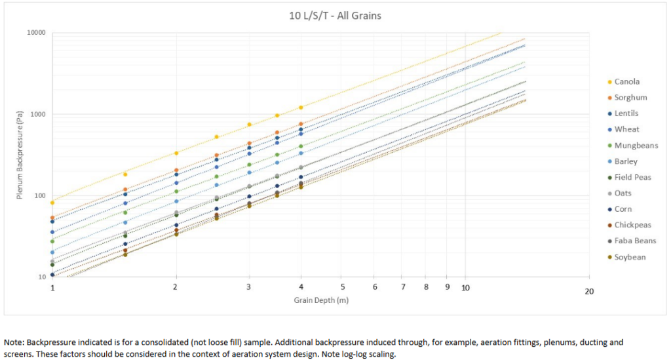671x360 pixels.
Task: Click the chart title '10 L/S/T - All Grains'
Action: point(335,14)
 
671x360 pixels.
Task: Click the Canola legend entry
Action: point(626,82)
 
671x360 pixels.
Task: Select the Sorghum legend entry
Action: point(630,98)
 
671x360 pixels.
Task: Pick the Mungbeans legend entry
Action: point(636,146)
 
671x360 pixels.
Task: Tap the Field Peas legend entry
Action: point(633,177)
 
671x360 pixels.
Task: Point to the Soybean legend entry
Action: point(630,257)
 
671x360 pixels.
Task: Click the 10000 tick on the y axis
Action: point(36,33)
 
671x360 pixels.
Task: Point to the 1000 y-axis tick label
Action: point(38,115)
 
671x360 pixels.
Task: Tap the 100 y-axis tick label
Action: point(40,196)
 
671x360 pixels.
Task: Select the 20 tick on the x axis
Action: point(588,291)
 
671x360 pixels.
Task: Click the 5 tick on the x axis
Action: point(341,287)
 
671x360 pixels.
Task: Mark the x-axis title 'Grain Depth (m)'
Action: point(320,300)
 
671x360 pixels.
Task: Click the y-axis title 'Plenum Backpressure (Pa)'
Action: point(22,155)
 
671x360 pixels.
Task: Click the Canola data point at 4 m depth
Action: point(301,108)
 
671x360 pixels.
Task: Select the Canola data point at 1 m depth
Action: point(52,203)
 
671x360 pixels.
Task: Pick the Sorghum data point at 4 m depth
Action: point(301,124)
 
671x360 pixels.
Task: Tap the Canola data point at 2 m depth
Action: point(176,153)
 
